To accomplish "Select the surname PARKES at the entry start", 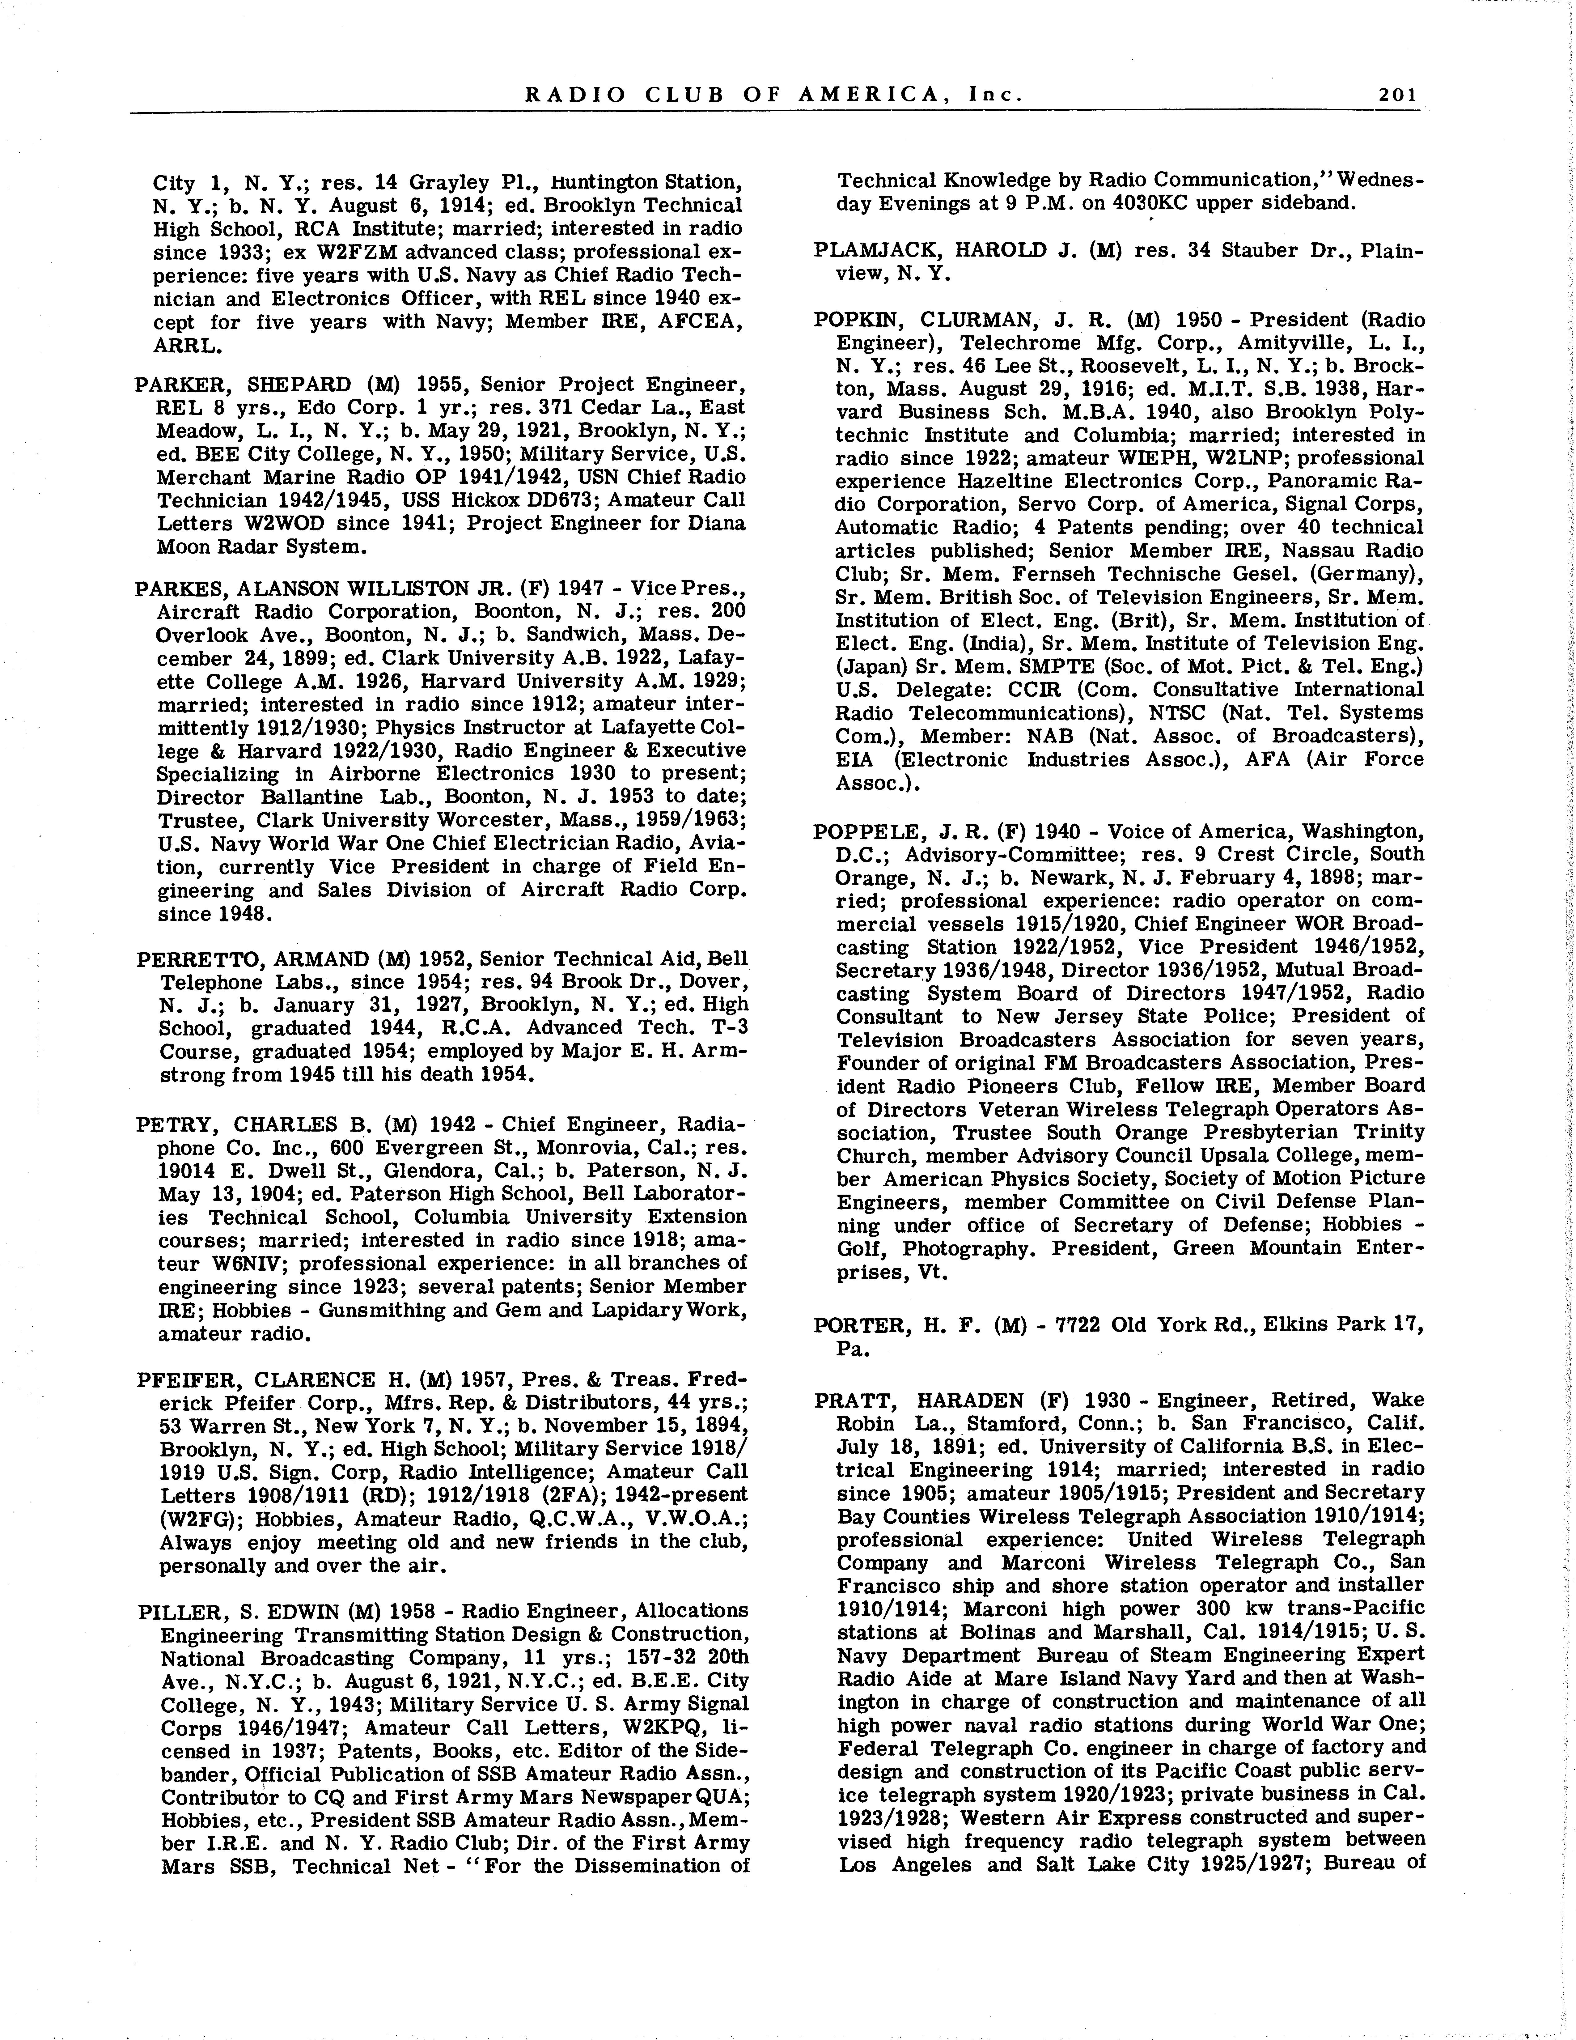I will (177, 589).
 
